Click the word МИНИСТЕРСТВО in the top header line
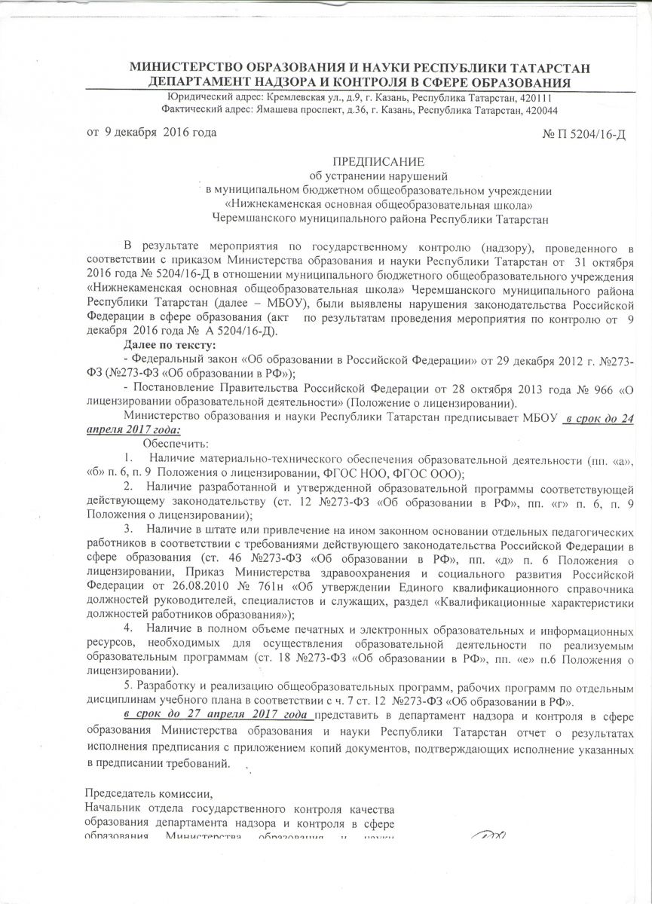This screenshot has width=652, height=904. tap(192, 68)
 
